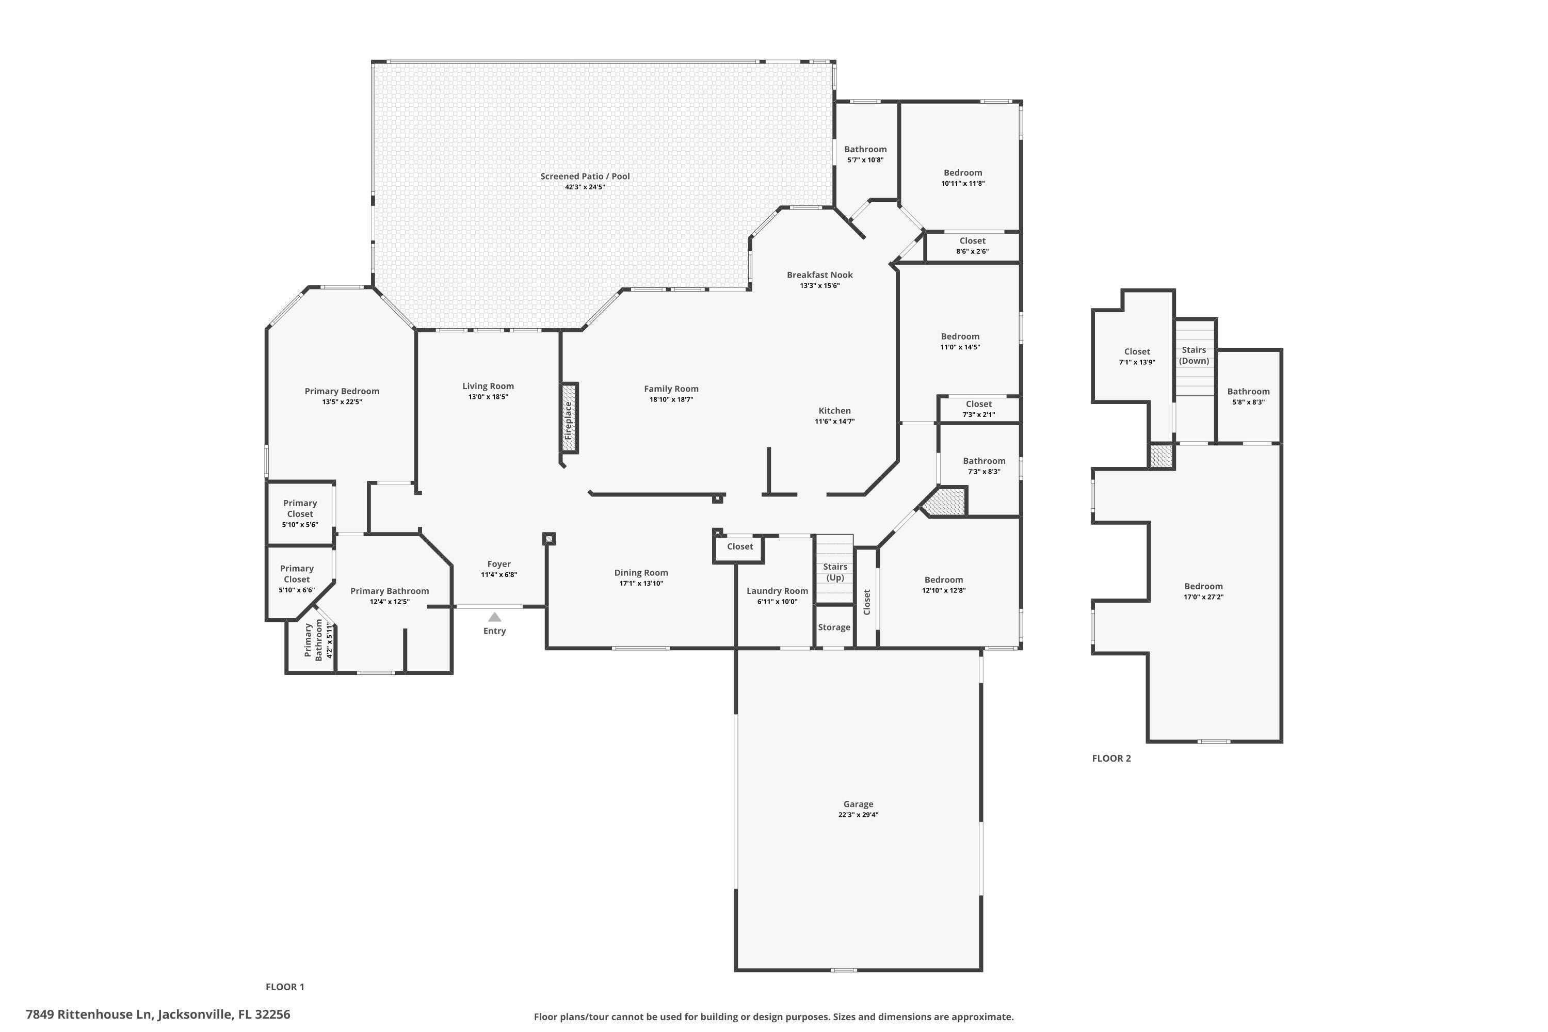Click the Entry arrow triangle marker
(494, 617)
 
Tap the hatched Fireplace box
(569, 418)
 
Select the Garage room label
(858, 803)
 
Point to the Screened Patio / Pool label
(585, 176)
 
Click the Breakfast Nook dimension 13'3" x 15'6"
(819, 286)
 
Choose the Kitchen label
(834, 411)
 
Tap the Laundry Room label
(777, 591)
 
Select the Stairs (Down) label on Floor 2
(1194, 356)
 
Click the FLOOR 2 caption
(1111, 758)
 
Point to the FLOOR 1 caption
(284, 987)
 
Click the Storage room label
(834, 627)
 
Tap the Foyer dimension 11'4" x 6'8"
(499, 575)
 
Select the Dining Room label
(641, 573)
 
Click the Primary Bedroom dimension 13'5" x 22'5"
(342, 401)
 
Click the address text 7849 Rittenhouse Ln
(89, 1014)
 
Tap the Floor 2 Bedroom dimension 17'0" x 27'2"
(1203, 597)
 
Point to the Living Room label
(488, 386)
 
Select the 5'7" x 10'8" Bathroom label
(865, 150)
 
